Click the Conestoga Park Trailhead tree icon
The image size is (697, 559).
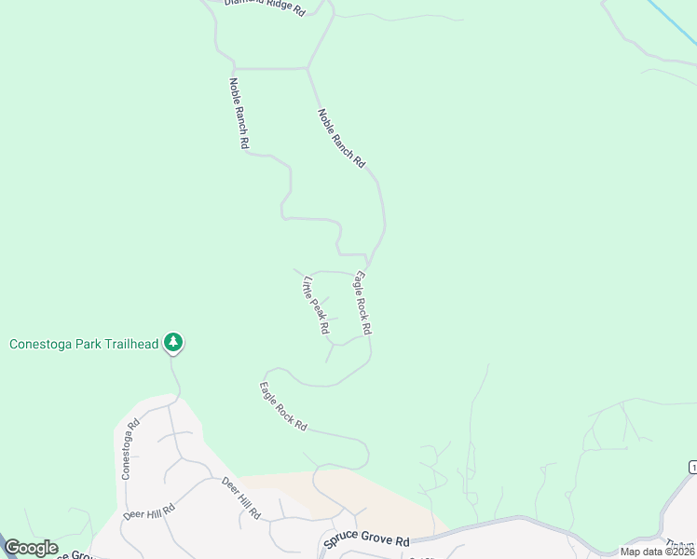(x=172, y=343)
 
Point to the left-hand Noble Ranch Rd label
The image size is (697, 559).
(x=239, y=113)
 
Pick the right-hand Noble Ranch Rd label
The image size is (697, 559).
(x=341, y=138)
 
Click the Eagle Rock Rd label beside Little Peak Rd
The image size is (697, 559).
(x=362, y=303)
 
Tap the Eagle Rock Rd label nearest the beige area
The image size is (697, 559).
(x=283, y=406)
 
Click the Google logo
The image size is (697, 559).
(x=31, y=548)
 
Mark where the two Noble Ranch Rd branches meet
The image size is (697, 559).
(x=308, y=68)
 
